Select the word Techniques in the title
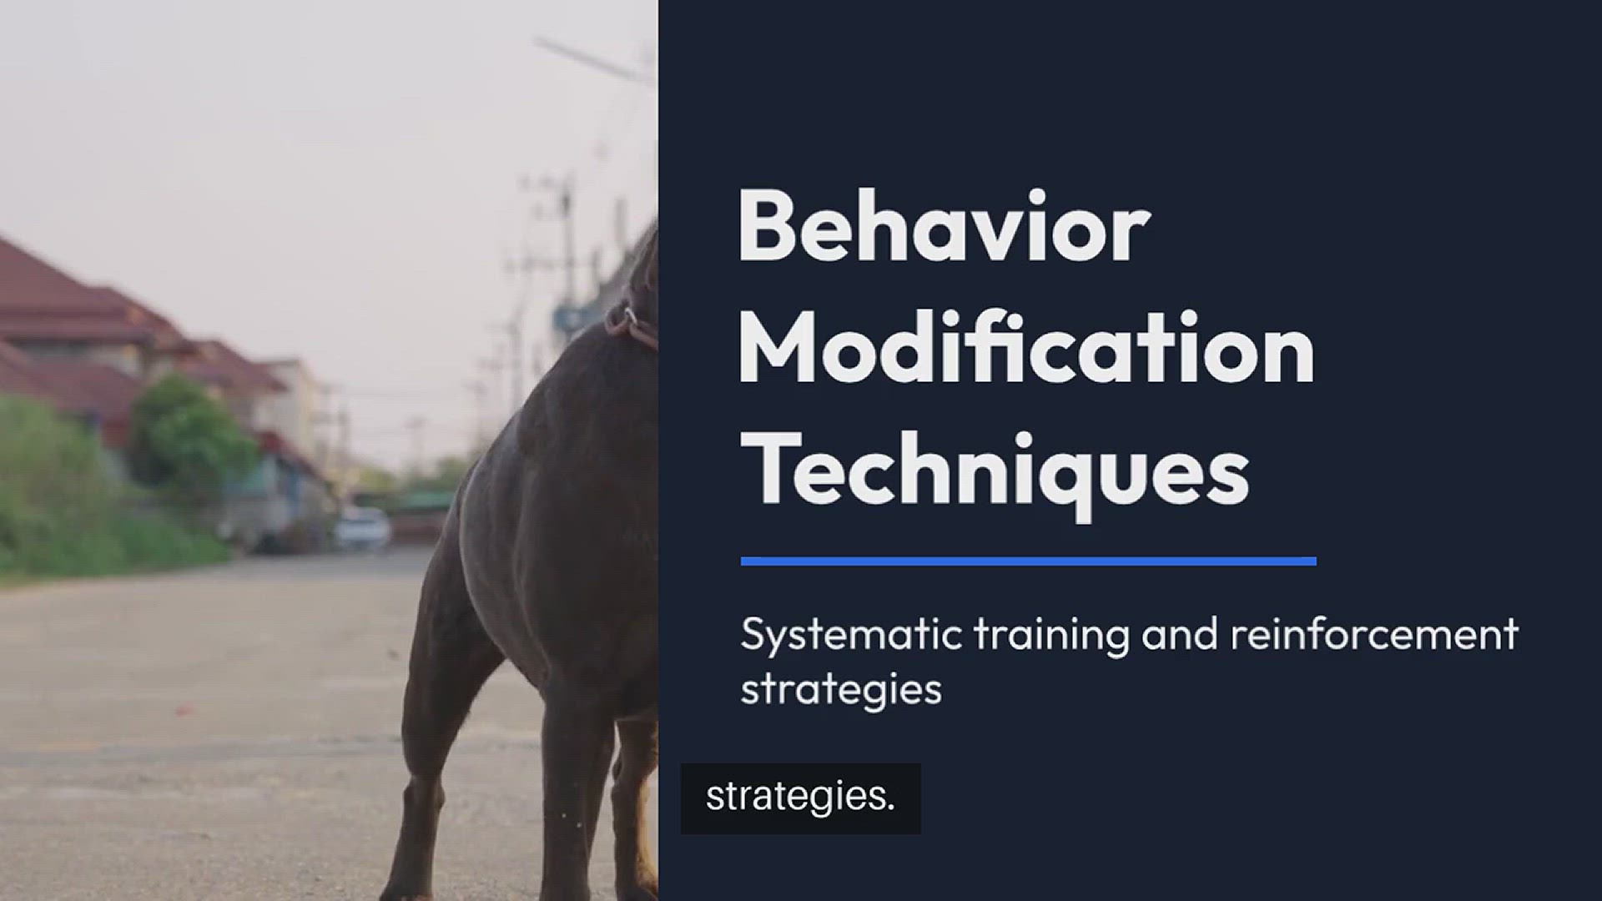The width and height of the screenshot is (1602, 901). (995, 472)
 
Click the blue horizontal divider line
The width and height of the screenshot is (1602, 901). (1028, 561)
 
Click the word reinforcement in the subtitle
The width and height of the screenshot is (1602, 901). (1373, 634)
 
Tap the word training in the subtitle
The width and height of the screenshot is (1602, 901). (1051, 636)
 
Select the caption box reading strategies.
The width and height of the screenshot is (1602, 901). (801, 798)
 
